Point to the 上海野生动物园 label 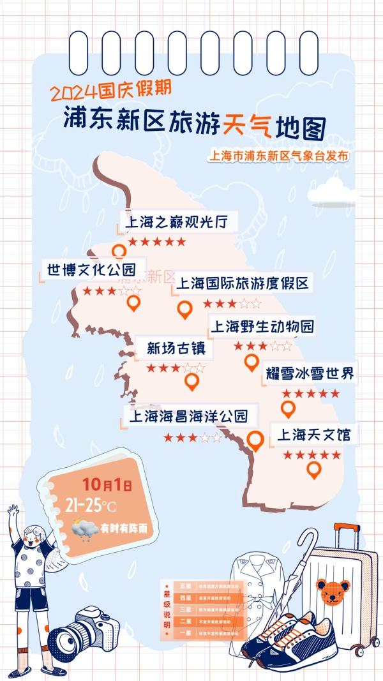pos(262,327)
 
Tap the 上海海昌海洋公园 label pos(188,417)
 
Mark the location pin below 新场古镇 pos(191,382)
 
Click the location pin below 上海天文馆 pos(313,470)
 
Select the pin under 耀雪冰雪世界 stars pos(288,408)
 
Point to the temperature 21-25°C pos(90,506)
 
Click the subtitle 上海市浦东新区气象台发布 pos(280,155)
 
